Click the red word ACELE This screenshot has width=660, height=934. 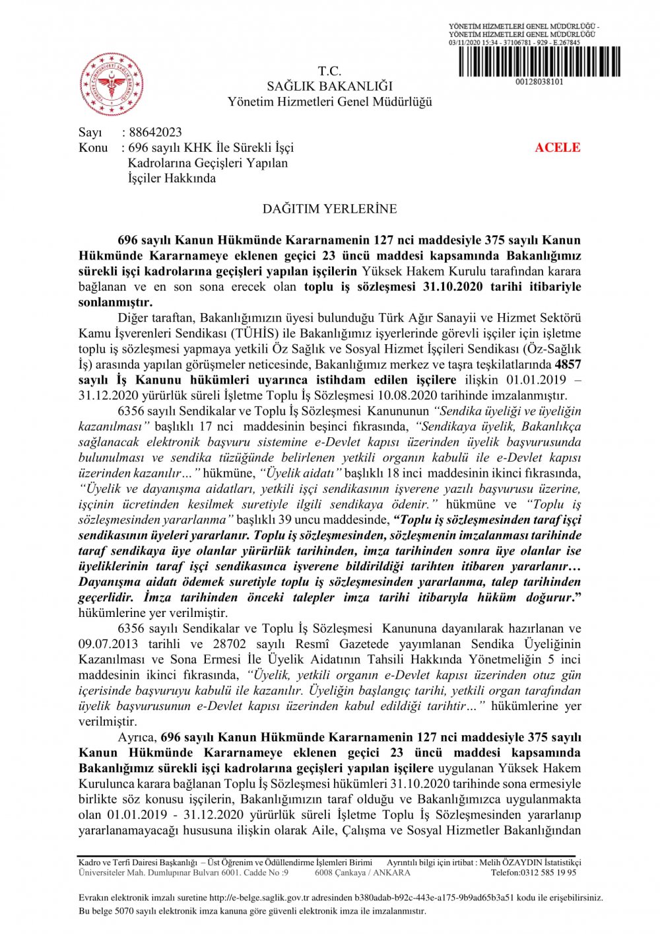tap(558, 147)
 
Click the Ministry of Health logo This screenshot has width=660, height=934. tap(112, 84)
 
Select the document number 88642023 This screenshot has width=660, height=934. tap(155, 132)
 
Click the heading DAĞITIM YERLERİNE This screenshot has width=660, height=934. tap(329, 209)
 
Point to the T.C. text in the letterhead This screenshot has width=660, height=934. tap(329, 71)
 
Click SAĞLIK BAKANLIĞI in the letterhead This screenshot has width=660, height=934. tap(329, 86)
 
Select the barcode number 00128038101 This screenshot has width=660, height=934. tap(539, 82)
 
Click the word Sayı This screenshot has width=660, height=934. tap(90, 132)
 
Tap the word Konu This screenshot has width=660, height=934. tap(93, 147)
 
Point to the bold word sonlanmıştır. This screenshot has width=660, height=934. tap(115, 302)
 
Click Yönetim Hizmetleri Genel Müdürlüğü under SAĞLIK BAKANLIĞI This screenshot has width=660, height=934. tap(329, 102)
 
